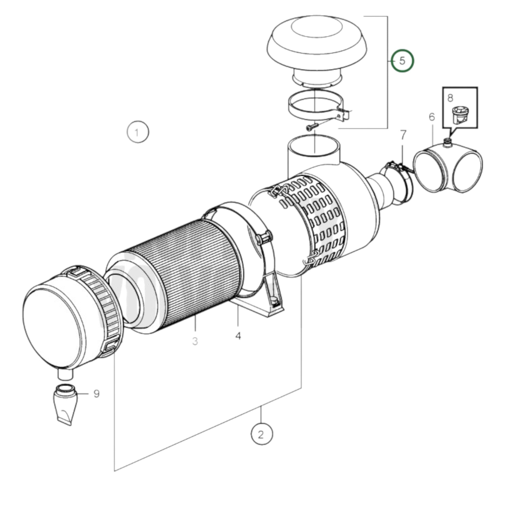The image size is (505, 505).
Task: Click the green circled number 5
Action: (x=402, y=61)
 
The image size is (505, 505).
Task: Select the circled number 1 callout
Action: (x=138, y=132)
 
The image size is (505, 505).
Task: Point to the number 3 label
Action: (x=195, y=341)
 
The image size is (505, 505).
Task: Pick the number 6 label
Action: (x=432, y=117)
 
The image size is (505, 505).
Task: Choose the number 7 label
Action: (x=403, y=135)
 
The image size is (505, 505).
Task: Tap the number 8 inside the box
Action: (x=450, y=98)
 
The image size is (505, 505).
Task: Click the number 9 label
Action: (x=97, y=394)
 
